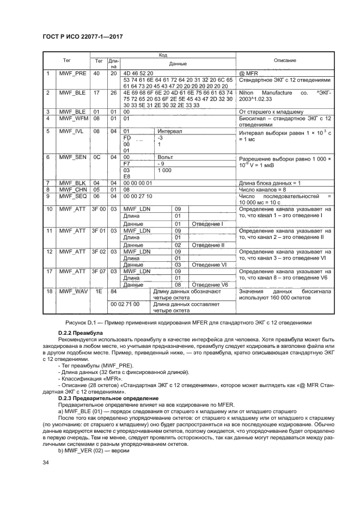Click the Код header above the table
(x=163, y=54)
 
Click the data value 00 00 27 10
(x=138, y=195)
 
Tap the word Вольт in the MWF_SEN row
(x=164, y=157)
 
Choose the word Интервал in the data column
(x=169, y=131)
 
